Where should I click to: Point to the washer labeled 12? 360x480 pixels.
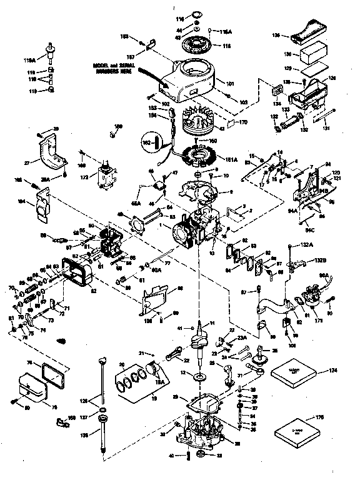(198, 378)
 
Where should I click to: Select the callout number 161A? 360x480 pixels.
(232, 161)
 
